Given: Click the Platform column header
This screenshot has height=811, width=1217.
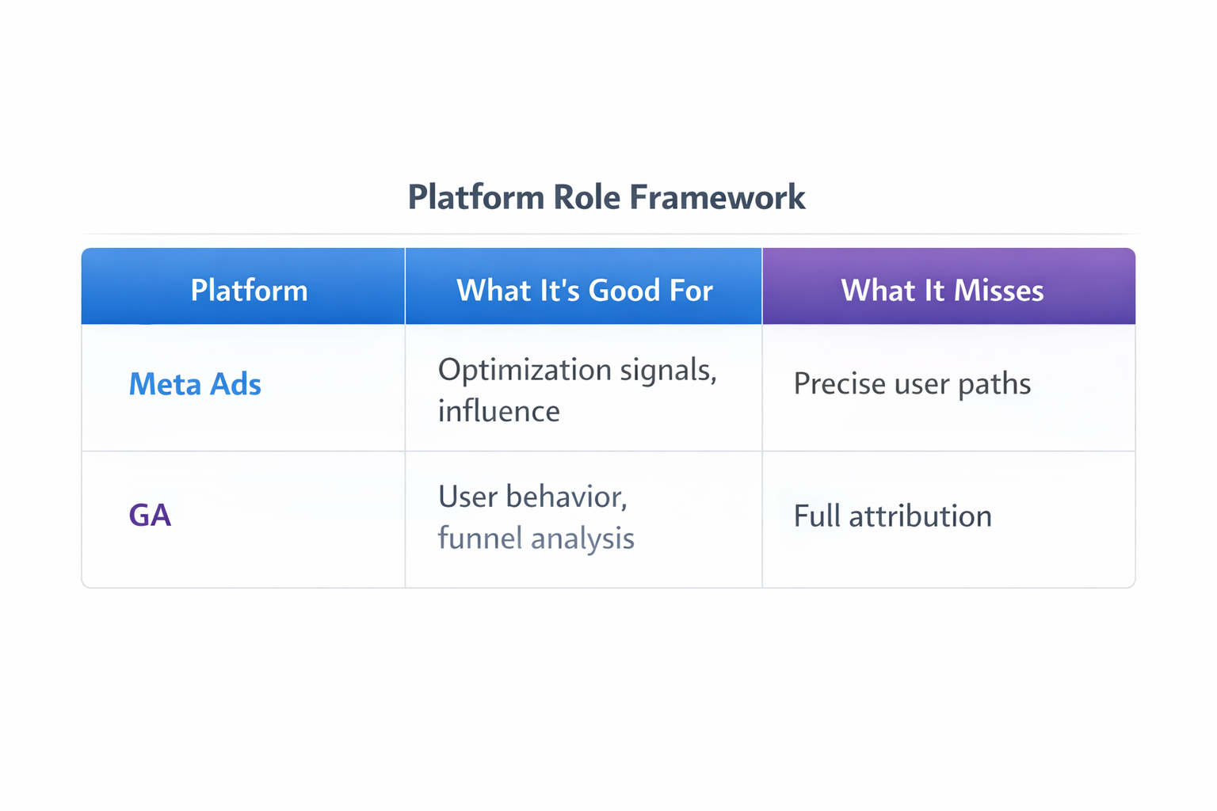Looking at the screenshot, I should pos(249,291).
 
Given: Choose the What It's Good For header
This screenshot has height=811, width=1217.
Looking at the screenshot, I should pos(585,291).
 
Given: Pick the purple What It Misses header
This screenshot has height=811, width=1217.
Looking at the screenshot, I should pos(942,291).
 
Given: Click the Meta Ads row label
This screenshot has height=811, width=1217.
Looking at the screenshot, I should pos(195,384).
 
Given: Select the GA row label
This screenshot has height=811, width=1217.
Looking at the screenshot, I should pos(150,515).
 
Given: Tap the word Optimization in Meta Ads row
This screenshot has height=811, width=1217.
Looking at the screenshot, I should pos(525,370).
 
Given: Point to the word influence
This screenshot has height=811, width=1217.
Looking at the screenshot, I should pos(498,411).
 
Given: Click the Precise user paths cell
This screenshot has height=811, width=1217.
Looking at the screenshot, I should pos(912,384).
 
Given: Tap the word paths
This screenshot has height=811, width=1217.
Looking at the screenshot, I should pos(994,384).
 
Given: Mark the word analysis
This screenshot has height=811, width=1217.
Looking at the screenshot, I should pos(582,539).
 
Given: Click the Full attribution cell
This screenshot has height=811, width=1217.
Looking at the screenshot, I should pos(892,516).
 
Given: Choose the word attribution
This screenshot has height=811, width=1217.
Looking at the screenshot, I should pos(920,516).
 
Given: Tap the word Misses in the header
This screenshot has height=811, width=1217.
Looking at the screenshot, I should pos(998,291).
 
